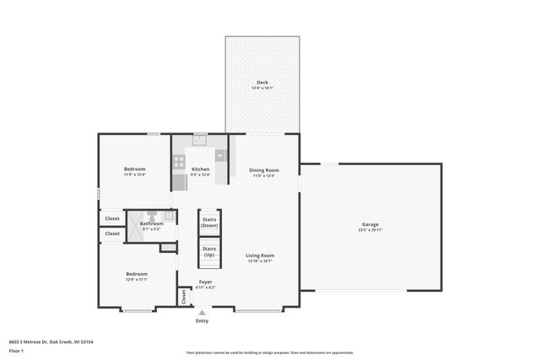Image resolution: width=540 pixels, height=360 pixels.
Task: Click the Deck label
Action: point(262,82)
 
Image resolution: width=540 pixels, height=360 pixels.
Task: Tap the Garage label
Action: point(370,224)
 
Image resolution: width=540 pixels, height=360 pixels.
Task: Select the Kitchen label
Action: point(200,169)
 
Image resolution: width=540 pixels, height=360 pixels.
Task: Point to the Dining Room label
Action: point(263,169)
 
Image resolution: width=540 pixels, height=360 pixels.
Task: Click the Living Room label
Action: point(260,255)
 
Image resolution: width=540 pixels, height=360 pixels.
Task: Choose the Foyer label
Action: point(206,282)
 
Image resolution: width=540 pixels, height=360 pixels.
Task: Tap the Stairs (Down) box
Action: point(209,223)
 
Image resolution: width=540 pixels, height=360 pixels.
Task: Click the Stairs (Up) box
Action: point(209,251)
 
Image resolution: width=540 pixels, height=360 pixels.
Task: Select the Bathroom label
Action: point(152,223)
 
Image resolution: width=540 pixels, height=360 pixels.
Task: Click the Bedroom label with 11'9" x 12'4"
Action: point(135,169)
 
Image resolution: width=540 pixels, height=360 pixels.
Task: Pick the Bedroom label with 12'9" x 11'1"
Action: point(137,274)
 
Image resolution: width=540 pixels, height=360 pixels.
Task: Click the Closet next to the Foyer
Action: point(182,297)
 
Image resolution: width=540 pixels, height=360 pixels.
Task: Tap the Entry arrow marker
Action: point(202,313)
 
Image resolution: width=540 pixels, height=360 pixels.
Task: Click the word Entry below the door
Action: point(202,321)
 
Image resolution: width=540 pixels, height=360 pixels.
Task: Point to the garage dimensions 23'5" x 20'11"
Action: point(370,229)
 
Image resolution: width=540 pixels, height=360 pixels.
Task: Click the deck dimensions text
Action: point(262,88)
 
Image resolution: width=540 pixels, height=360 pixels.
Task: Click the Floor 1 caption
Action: point(16,350)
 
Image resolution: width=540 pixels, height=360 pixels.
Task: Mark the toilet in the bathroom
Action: point(169,216)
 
